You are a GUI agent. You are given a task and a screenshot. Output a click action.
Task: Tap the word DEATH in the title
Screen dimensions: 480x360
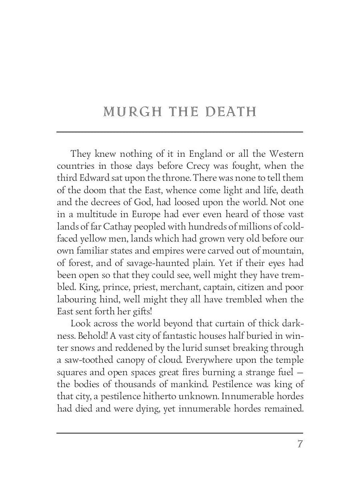coord(230,112)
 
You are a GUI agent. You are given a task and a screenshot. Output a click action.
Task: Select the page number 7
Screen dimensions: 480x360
coord(300,445)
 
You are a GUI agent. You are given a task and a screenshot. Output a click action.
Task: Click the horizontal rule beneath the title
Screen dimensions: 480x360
coord(180,132)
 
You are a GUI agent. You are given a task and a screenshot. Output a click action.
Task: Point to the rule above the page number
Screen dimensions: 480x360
coord(180,433)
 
